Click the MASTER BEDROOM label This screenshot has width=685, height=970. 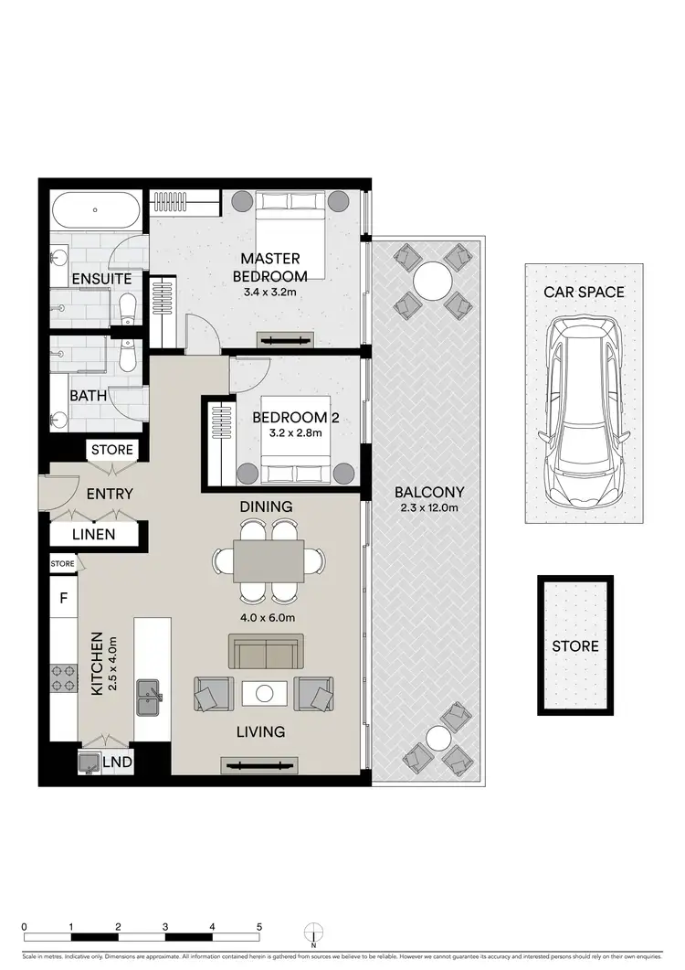pyautogui.click(x=269, y=267)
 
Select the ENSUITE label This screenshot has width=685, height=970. pyautogui.click(x=100, y=278)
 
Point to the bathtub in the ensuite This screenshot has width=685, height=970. pyautogui.click(x=96, y=212)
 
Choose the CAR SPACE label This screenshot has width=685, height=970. pyautogui.click(x=585, y=293)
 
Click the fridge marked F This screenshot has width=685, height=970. pyautogui.click(x=63, y=600)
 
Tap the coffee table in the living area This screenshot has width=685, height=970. pyautogui.click(x=265, y=694)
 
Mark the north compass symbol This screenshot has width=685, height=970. pyautogui.click(x=313, y=931)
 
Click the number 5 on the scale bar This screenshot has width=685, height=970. pyautogui.click(x=259, y=926)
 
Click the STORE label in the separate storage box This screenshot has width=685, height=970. pyautogui.click(x=575, y=646)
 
